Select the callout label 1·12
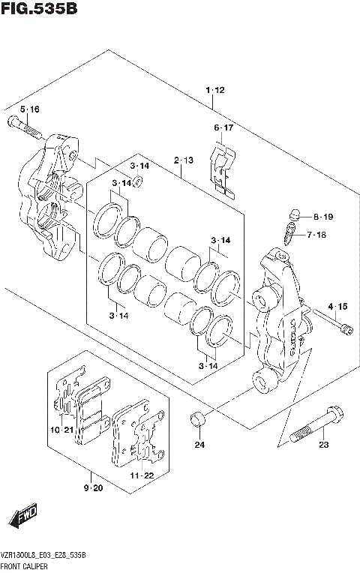coord(214,91)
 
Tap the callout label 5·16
coord(29,109)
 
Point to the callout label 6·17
coord(223,128)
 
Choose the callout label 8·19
coord(323,217)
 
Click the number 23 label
coord(323,445)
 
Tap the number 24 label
coord(199,445)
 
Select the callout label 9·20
coord(93,487)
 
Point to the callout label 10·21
coord(63,430)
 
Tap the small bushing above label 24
coord(198,418)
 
